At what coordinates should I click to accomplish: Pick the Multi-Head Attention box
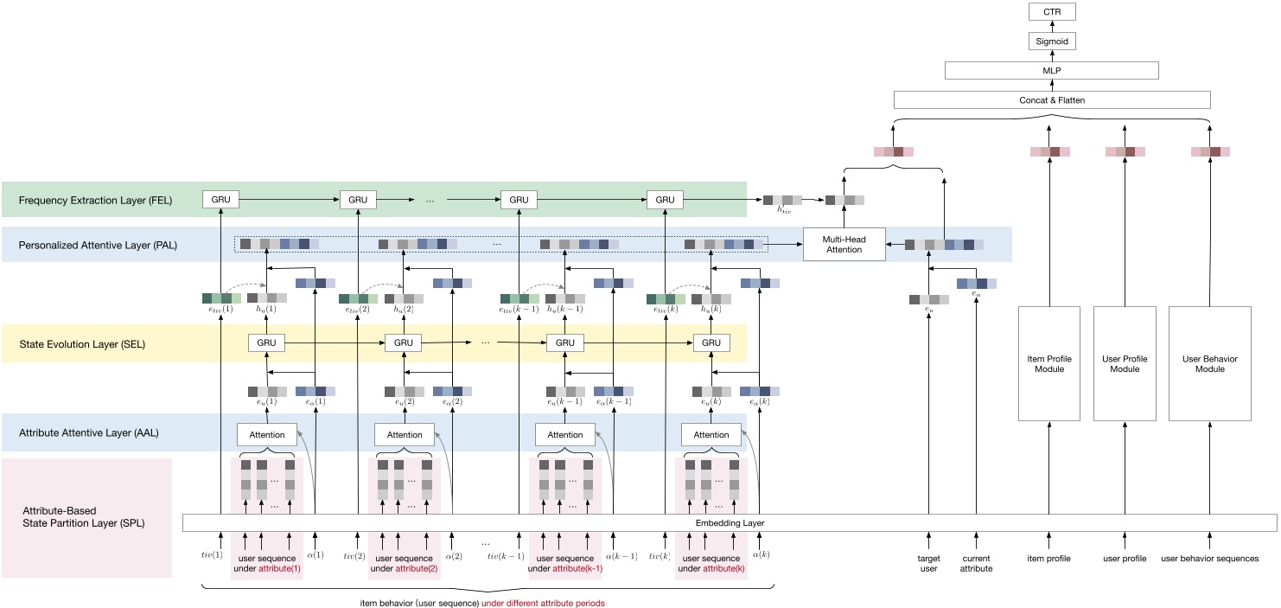[844, 244]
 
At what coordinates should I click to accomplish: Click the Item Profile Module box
[1050, 363]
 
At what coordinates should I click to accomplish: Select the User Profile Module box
[1125, 363]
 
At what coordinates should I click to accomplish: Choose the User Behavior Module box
[1210, 363]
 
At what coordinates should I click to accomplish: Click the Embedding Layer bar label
[730, 523]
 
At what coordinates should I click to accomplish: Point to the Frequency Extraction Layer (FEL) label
[95, 201]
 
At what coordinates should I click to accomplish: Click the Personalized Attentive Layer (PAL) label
[97, 245]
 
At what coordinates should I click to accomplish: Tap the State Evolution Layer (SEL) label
[81, 344]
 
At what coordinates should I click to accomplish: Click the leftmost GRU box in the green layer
[220, 200]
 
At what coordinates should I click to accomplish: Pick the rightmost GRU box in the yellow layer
[711, 343]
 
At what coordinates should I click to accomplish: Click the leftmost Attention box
[266, 435]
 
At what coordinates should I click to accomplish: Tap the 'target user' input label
[928, 562]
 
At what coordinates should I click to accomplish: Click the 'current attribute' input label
[977, 562]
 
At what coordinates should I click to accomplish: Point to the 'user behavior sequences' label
[1209, 559]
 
